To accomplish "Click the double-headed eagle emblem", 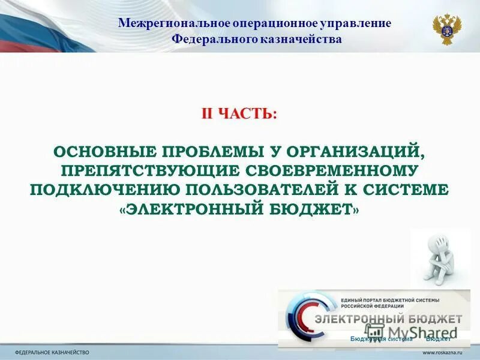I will pyautogui.click(x=446, y=30).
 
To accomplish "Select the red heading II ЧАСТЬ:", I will pyautogui.click(x=239, y=114).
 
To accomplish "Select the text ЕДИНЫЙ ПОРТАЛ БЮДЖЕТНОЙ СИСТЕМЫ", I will pyautogui.click(x=390, y=299).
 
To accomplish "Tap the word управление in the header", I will pyautogui.click(x=358, y=23).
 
